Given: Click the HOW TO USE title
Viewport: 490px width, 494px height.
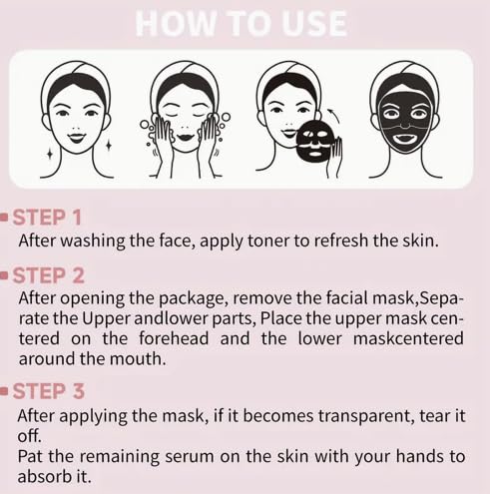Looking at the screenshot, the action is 242,23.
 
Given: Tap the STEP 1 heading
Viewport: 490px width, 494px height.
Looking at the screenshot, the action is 47,218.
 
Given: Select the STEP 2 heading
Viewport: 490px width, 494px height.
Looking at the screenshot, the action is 49,275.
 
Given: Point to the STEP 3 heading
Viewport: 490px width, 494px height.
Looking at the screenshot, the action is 49,391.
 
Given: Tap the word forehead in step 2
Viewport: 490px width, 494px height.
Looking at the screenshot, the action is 174,338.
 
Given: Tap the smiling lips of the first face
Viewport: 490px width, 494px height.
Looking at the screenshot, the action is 76,138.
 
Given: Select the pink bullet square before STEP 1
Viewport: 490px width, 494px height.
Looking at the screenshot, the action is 4,218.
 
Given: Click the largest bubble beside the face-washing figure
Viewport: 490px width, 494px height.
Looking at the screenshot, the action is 226,118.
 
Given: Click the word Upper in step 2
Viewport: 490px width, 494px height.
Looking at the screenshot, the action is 106,319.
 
